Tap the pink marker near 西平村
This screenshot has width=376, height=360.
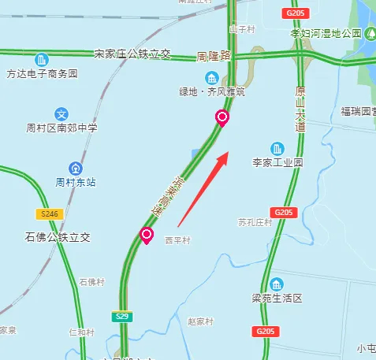coord(147,234)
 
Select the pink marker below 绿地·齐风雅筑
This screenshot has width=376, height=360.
coord(223,119)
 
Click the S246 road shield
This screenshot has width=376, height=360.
coord(50,214)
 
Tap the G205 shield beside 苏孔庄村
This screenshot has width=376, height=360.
coord(283,213)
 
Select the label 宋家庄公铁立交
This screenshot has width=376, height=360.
coord(132,54)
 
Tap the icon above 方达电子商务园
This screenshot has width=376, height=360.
coord(41,60)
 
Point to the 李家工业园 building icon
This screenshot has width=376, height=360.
coord(277,148)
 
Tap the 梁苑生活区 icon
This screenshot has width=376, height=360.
coord(276,284)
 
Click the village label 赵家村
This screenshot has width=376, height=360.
coord(200,321)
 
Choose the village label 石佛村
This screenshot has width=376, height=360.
coord(91,281)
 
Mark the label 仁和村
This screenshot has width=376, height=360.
coord(82,332)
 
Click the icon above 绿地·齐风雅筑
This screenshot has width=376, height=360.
coord(212,77)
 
